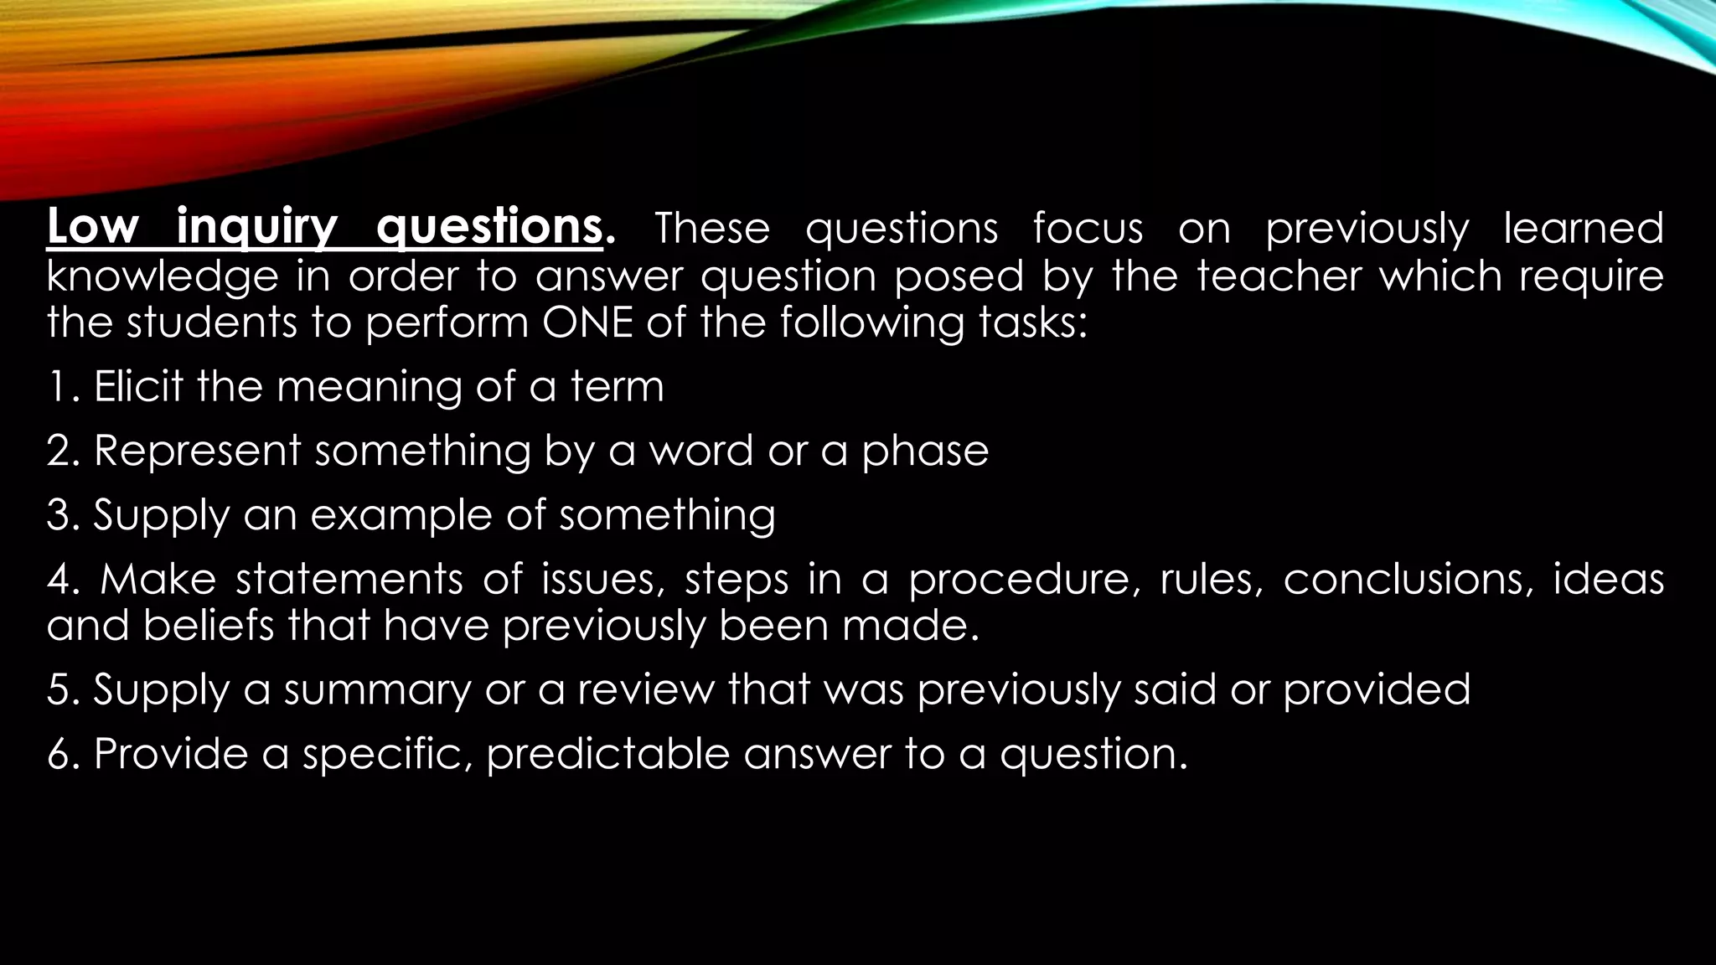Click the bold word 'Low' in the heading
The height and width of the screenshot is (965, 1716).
click(x=92, y=227)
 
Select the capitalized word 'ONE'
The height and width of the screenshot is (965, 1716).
click(x=587, y=323)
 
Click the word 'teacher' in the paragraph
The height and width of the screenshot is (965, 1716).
click(x=1279, y=276)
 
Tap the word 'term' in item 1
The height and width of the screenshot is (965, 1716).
click(x=618, y=387)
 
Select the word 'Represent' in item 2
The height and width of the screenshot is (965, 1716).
click(x=197, y=451)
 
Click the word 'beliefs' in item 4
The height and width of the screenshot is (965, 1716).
click(x=209, y=626)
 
